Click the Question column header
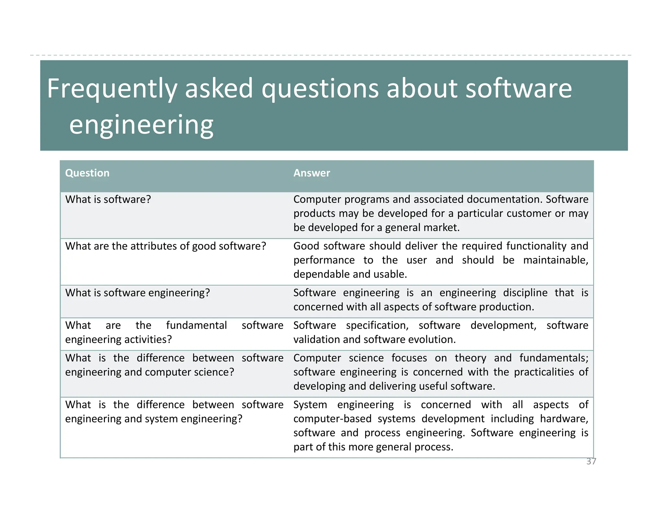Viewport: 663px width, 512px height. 87,173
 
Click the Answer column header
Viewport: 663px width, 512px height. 311,173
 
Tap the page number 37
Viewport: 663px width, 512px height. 591,462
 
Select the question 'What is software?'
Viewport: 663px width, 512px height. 108,199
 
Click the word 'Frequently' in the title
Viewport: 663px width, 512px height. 112,89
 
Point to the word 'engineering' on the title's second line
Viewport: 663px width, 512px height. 141,125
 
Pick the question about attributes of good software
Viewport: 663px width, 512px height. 165,246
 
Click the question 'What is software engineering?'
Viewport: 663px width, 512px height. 138,293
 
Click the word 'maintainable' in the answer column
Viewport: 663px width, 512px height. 556,260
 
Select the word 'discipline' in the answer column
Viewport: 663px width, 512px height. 525,293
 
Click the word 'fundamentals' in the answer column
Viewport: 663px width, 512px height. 554,358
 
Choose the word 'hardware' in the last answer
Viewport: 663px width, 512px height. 564,419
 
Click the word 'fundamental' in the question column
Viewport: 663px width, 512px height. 197,325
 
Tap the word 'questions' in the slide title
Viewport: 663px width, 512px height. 320,89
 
